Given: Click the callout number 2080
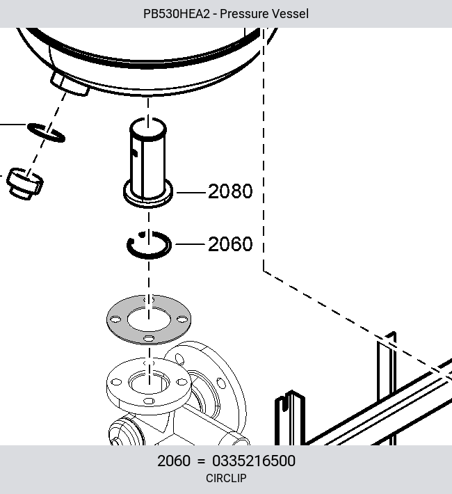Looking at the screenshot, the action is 230,191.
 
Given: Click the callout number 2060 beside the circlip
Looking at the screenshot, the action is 230,244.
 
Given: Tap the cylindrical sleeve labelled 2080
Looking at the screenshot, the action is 148,163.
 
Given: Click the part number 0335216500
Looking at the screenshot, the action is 254,461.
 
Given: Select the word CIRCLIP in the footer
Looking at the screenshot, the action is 226,478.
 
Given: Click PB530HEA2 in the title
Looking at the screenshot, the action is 177,14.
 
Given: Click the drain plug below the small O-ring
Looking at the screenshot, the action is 25,184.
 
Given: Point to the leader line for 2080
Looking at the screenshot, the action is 191,192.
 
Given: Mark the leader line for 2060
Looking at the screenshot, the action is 190,244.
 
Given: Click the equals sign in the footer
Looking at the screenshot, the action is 201,461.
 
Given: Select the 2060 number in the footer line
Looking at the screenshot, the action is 174,461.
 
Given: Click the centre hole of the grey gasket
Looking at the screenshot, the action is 149,319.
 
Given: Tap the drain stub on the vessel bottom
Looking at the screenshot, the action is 70,83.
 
